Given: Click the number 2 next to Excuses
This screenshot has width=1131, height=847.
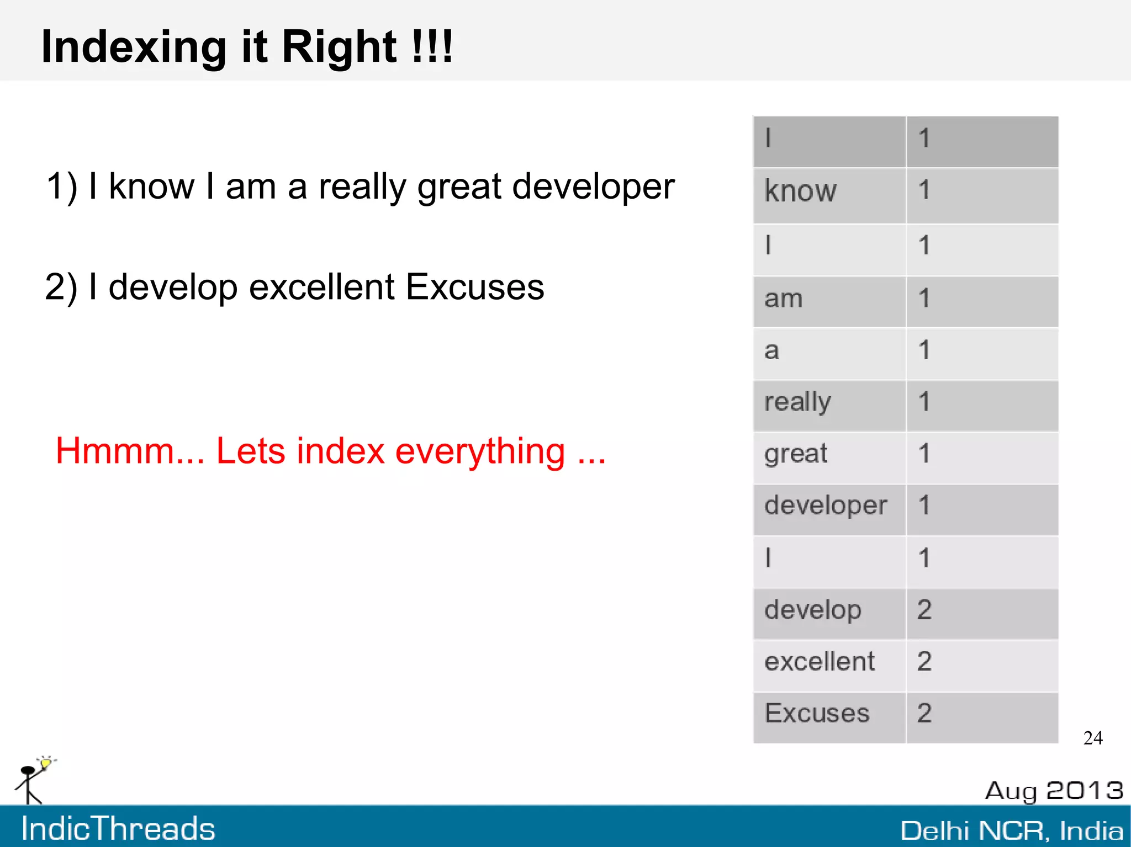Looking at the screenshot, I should point(924,714).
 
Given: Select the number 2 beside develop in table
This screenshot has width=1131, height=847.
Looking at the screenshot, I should point(924,611).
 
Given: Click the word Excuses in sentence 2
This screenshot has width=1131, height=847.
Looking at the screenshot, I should point(475,288).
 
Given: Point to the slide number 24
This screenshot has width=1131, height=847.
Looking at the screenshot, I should point(1093,738).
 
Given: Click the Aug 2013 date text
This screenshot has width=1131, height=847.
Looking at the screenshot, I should point(1054,791).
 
